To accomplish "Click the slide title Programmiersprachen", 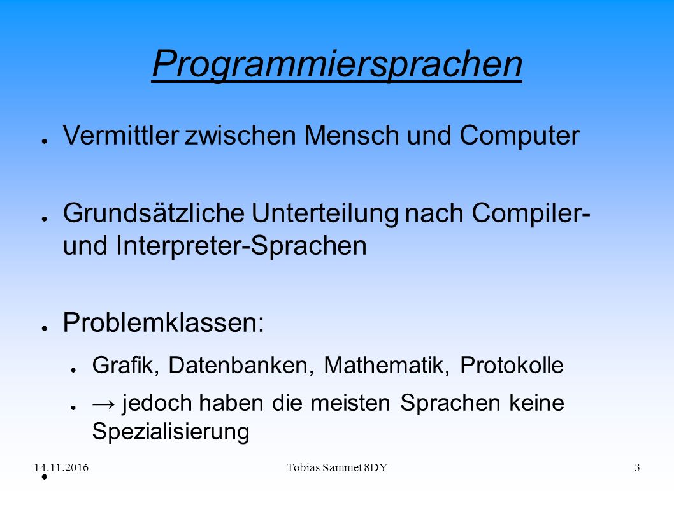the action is pos(337,64).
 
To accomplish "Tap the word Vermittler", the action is pos(120,136).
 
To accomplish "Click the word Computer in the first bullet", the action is pos(520,136).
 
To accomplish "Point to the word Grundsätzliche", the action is pos(154,213).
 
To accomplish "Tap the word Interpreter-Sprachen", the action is pos(241,246).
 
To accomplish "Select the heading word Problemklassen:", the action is pos(163,322).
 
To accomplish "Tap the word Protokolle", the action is pos(512,366).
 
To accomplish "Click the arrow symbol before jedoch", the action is pos(104,404).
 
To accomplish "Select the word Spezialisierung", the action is pos(171,432).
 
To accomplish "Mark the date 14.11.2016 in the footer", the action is pos(61,467).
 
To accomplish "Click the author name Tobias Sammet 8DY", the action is pos(337,467).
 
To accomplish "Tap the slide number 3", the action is pos(637,467).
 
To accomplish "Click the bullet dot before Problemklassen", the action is pos(44,329).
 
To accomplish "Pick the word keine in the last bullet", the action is pos(536,403).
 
